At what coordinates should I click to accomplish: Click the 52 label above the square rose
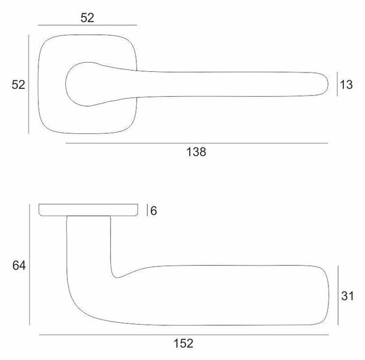coord(87,18)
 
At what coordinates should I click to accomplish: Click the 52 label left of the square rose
coord(18,85)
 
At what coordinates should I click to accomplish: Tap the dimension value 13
coord(346,85)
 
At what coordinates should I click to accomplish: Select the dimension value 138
coord(196,152)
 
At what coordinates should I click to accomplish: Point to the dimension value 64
coord(19,266)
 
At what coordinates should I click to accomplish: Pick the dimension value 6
coord(154,211)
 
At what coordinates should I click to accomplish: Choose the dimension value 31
coord(347,296)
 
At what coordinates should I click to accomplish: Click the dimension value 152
coord(184,344)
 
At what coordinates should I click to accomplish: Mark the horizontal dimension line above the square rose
coord(88,25)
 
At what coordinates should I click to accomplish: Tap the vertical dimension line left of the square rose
coord(29,85)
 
